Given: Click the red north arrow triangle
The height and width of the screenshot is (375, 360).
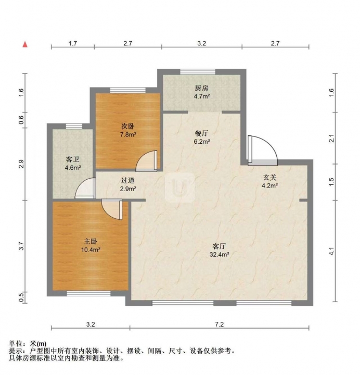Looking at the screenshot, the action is [25, 44].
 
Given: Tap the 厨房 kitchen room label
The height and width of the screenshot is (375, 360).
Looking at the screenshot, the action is [202, 88].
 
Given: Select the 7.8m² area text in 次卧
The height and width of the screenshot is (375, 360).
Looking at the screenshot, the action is [128, 134].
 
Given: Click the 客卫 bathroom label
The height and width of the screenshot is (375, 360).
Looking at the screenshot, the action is [73, 159].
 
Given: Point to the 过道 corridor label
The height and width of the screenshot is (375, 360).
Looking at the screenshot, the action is [128, 180].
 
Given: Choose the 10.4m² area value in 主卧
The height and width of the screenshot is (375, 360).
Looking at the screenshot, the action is [91, 250].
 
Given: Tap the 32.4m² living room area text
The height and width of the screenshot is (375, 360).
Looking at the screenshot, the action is [220, 255].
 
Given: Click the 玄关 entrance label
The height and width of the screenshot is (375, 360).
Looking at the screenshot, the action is [270, 177].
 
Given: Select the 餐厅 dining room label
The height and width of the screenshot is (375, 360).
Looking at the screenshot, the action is [202, 133].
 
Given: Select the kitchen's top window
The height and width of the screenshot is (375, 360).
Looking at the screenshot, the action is [198, 72].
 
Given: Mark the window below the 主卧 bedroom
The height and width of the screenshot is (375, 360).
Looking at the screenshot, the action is [88, 293].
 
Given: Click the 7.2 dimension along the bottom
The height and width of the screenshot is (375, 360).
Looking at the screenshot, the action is [220, 324].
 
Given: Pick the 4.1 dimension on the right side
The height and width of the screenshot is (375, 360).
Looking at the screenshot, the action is [331, 251].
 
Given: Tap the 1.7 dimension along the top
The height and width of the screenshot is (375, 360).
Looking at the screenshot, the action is [73, 43].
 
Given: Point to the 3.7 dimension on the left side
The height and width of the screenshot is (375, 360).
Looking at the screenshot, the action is [22, 246].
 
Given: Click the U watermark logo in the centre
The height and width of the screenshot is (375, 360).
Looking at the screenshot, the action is [179, 187].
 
